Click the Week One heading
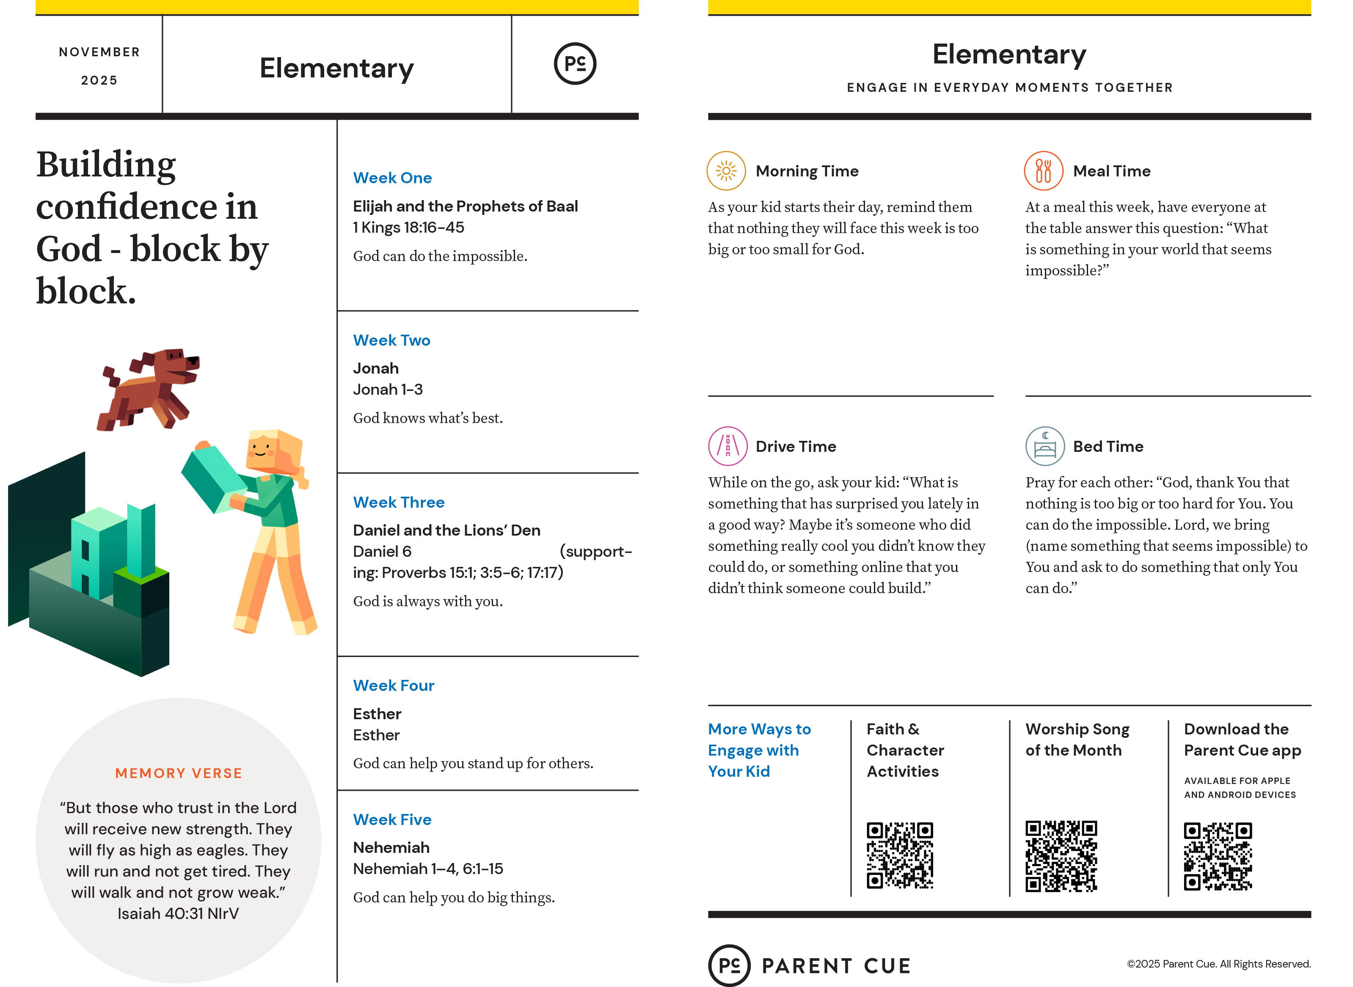tap(392, 178)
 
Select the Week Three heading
tap(399, 503)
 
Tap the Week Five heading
tap(392, 820)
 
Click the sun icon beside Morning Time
tap(726, 171)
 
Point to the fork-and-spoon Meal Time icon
tap(1044, 171)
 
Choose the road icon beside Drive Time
tap(727, 446)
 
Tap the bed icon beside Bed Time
tap(1044, 446)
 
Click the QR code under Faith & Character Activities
tap(899, 855)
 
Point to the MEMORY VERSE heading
tap(179, 773)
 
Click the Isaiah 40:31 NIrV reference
tap(178, 913)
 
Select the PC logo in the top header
tap(575, 64)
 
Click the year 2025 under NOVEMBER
tap(99, 80)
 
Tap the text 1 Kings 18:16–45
tap(408, 228)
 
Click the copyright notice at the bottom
tap(1218, 964)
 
